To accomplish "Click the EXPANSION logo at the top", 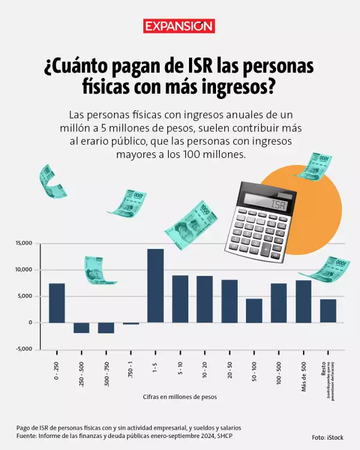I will point(179,26).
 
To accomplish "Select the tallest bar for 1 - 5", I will point(155,286).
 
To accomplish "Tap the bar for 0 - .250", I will point(57,302).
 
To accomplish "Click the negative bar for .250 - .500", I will point(82,328).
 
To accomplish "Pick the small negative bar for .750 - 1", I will point(131,323).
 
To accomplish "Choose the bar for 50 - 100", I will point(254,310).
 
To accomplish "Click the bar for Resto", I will point(328,310).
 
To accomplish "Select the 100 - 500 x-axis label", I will point(279,371).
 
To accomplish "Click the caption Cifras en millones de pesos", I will point(179,397).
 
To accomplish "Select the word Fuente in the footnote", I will point(28,436).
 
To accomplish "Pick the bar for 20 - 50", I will point(229,301).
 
